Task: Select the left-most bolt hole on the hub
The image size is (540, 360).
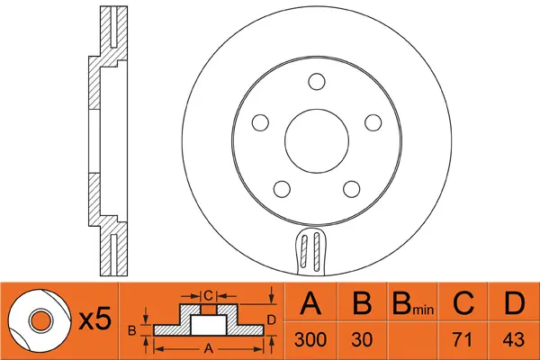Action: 261,121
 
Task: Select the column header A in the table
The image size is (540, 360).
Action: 312,304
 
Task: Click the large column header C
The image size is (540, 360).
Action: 463,304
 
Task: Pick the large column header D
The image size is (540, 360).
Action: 513,304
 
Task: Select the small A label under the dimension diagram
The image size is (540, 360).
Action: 210,346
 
